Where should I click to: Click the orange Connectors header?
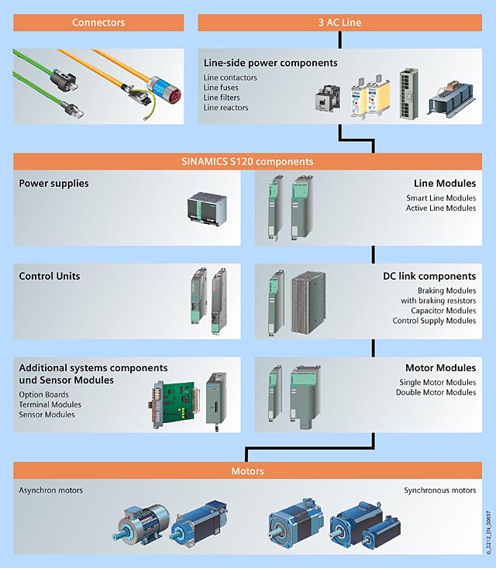pos(98,22)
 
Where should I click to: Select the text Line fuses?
pos(221,88)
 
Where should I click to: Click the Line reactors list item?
pos(226,108)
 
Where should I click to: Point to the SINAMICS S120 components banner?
pos(246,162)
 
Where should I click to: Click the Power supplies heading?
pos(53,184)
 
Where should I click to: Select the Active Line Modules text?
pos(440,208)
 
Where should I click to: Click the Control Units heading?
pos(50,276)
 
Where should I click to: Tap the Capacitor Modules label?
pos(443,311)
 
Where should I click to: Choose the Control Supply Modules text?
pos(434,321)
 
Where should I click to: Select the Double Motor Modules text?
pos(436,392)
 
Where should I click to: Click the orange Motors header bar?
pos(247,471)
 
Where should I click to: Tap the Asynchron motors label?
pos(50,491)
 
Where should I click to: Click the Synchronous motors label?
pos(439,491)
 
